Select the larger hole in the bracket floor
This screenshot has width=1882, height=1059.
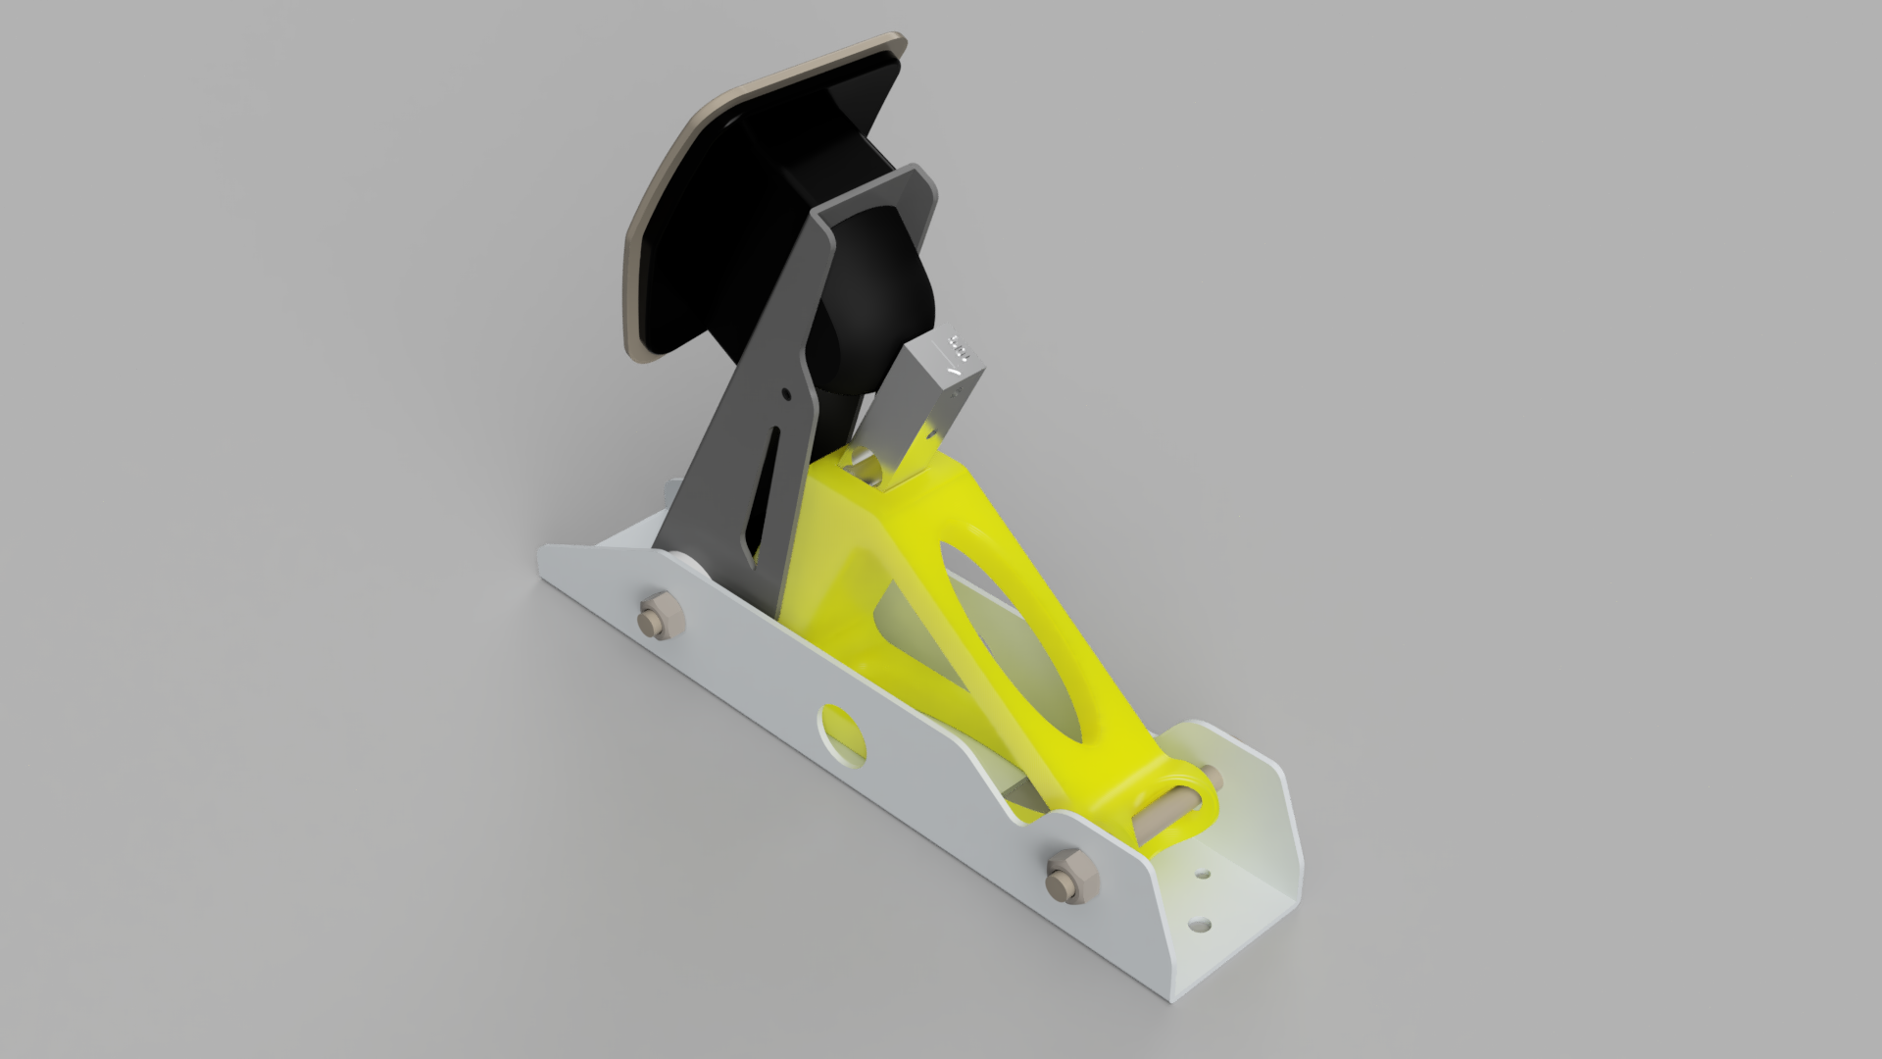[x=1199, y=924]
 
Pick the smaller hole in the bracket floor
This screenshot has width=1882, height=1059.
[x=1203, y=873]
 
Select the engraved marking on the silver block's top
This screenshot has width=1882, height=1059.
[x=959, y=348]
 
